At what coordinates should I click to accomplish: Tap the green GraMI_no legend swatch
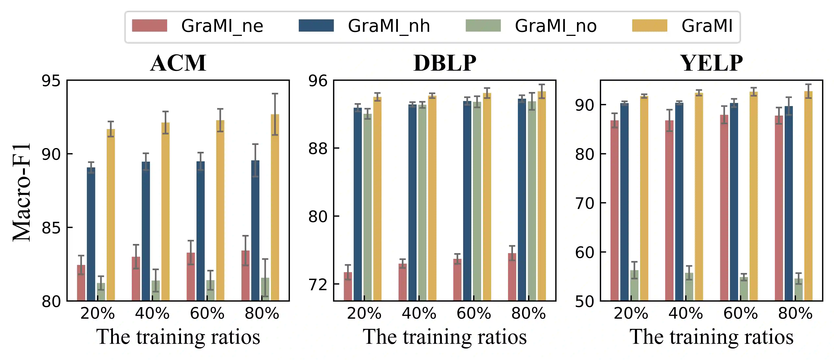483,26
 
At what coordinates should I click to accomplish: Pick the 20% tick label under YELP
631,313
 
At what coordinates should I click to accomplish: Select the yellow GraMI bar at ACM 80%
275,207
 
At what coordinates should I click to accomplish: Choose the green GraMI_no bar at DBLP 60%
477,201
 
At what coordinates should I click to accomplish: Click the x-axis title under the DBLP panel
445,337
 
